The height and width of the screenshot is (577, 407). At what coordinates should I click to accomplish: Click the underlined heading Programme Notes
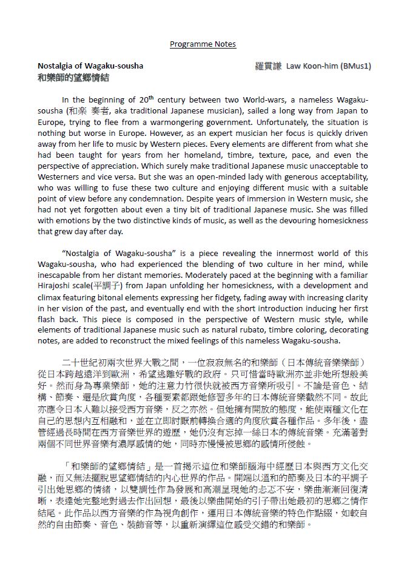pyautogui.click(x=203, y=44)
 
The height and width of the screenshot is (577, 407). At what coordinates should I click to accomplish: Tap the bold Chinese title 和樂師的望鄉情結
pyautogui.click(x=73, y=78)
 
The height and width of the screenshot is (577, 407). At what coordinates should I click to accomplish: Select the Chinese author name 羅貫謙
pyautogui.click(x=268, y=66)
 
